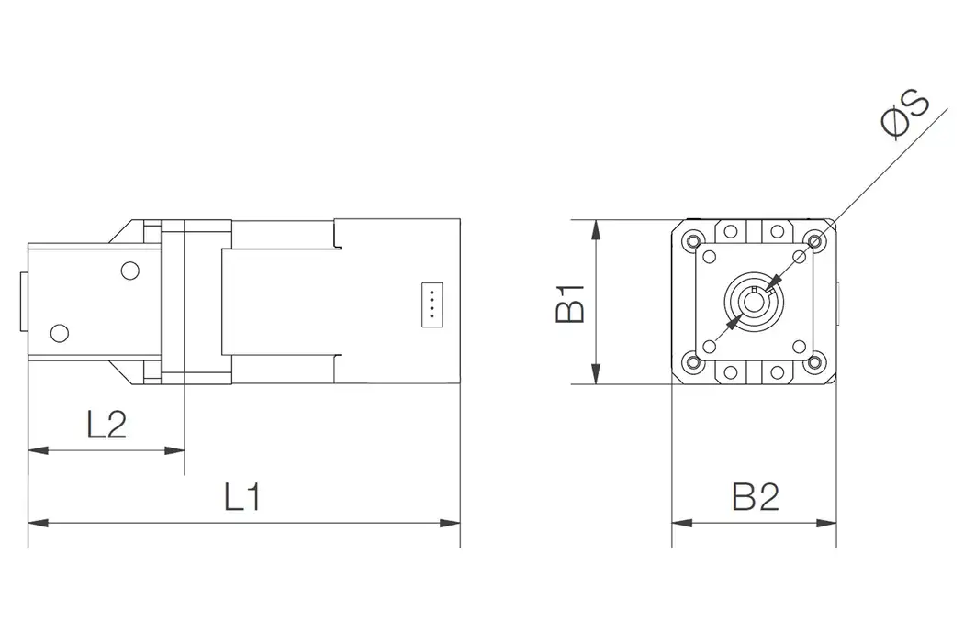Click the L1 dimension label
click(x=243, y=497)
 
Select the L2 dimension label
click(x=106, y=426)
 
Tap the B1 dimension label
click(x=570, y=303)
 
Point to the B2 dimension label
click(x=755, y=497)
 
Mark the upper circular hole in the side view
click(x=129, y=271)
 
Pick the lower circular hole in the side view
click(x=60, y=332)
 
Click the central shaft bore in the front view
click(x=753, y=300)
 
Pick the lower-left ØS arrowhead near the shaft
click(x=732, y=321)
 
